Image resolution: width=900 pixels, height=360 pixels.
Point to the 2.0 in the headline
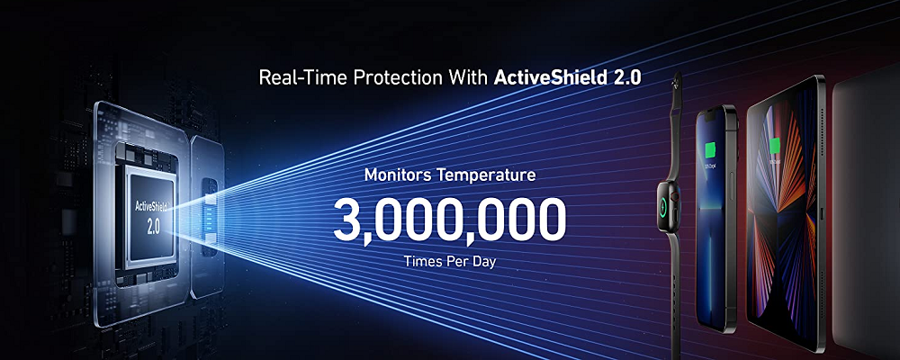tap(626, 77)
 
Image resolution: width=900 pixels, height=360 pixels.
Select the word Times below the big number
tap(424, 261)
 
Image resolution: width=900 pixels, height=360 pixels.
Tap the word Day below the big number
tap(485, 262)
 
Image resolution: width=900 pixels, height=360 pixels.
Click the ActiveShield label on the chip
tap(151, 205)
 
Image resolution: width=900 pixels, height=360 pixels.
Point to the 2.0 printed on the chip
tap(153, 226)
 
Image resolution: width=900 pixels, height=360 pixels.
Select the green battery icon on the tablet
tap(776, 145)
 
